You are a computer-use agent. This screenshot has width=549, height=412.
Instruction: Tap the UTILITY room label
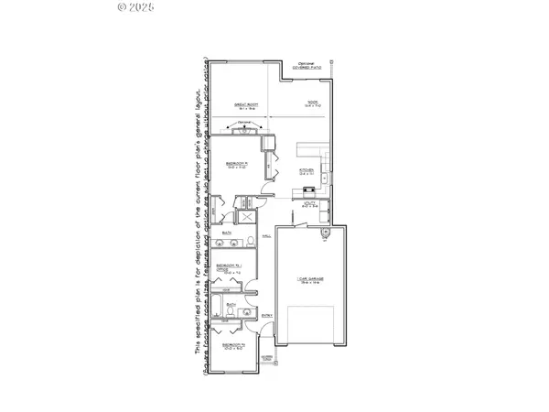coord(308,206)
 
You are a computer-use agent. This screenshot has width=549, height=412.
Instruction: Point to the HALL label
coord(267,236)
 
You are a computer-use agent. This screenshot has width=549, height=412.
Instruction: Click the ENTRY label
coord(267,316)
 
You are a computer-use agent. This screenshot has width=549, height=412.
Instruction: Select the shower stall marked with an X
coord(246,218)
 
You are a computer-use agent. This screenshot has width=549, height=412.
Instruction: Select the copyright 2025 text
coord(138,7)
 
